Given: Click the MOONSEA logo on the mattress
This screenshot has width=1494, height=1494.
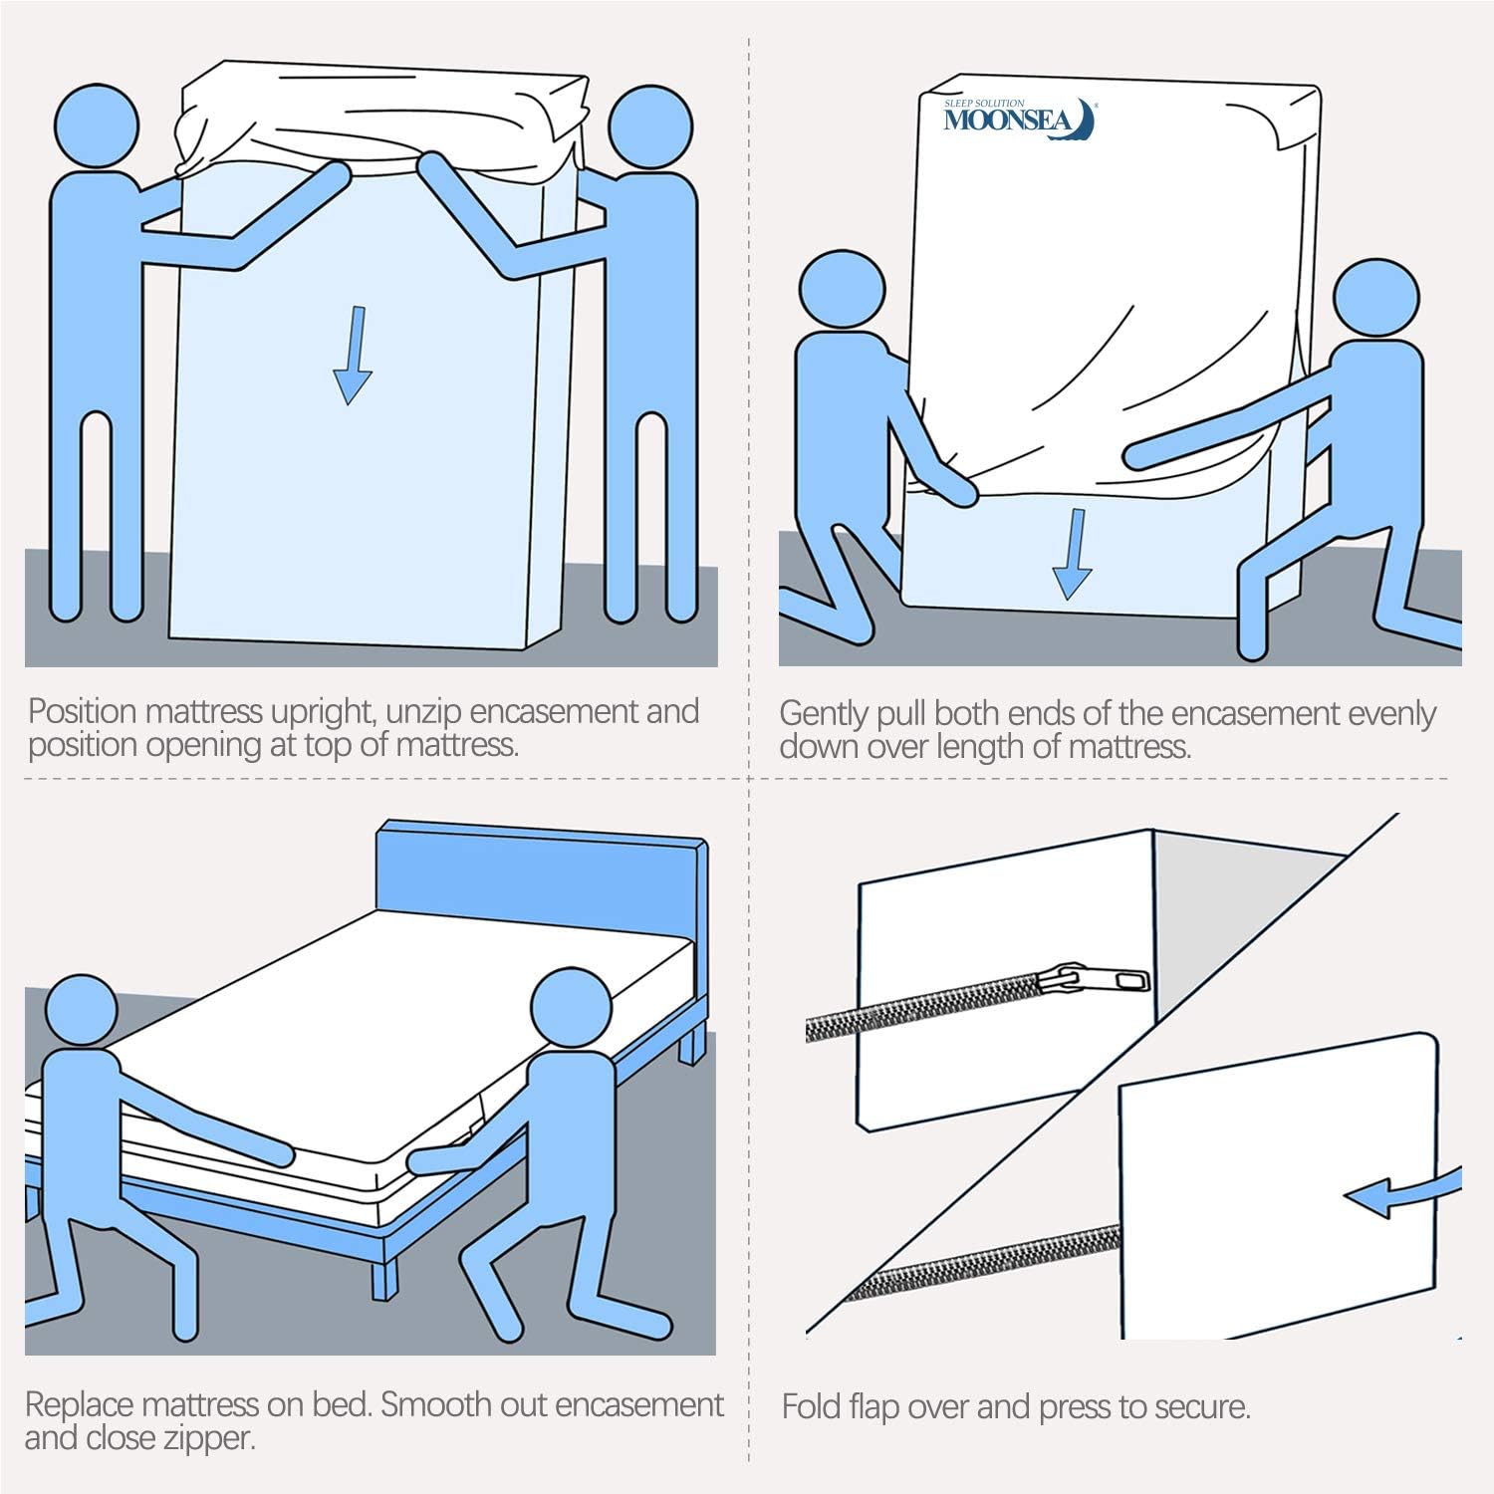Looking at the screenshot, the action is pyautogui.click(x=1018, y=118).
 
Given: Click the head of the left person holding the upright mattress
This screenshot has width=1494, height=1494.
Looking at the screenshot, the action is pyautogui.click(x=95, y=125).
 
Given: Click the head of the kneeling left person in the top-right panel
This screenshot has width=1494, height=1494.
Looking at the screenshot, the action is pyautogui.click(x=842, y=289).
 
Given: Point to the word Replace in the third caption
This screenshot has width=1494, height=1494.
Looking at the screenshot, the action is pyautogui.click(x=80, y=1404).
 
